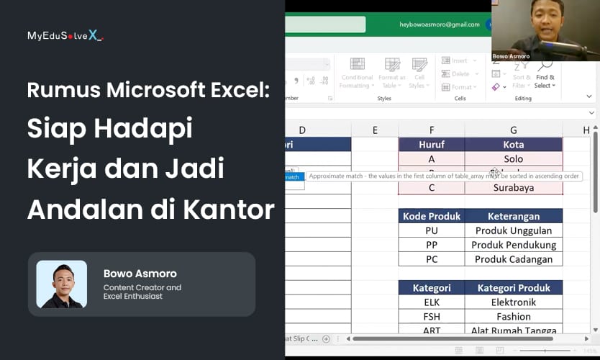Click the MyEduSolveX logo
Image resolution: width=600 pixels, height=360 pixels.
(65, 35)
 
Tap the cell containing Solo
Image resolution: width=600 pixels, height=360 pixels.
(513, 158)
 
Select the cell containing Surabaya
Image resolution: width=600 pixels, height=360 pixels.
(513, 188)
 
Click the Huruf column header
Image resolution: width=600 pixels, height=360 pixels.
(432, 145)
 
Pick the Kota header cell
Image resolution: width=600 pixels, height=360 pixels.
(513, 145)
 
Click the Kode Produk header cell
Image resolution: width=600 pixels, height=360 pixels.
(432, 216)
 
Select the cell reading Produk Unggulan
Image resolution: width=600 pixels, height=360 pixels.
(513, 230)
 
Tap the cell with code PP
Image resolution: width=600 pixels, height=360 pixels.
(432, 245)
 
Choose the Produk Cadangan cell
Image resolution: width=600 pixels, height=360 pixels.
(513, 259)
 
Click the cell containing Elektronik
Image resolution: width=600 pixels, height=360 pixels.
(513, 302)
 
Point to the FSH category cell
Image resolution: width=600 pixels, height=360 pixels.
(432, 317)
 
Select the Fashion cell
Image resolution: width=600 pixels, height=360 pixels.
(513, 317)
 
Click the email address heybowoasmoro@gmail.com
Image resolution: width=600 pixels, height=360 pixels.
(440, 24)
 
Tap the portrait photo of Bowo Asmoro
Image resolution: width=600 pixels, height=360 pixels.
(62, 284)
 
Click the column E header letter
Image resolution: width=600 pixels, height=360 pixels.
(375, 130)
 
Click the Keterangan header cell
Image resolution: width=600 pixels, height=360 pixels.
(513, 216)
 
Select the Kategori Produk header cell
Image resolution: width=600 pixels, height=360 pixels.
(513, 288)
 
